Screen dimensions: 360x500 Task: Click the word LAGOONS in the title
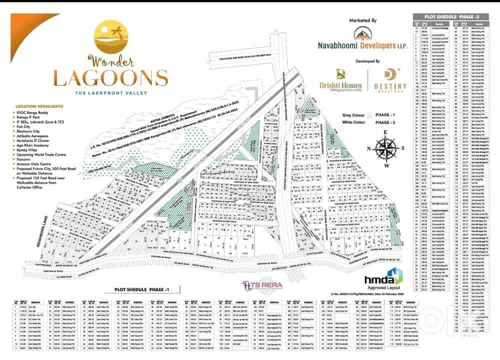[110, 78]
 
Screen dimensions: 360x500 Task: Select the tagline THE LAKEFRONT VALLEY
[110, 93]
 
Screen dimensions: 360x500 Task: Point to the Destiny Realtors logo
[390, 80]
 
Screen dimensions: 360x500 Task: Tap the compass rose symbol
[385, 148]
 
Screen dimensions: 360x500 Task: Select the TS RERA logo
[262, 284]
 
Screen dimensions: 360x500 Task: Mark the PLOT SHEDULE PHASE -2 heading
[450, 16]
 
